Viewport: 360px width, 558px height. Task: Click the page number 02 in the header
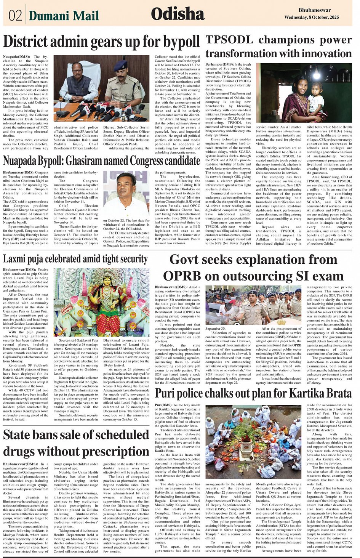15,16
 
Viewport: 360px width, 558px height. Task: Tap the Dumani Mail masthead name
64,16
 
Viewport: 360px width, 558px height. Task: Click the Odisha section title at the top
178,14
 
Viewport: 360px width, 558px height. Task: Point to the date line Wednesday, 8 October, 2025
311,18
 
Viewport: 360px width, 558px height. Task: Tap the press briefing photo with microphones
101,88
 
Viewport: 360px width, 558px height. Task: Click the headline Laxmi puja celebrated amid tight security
75,259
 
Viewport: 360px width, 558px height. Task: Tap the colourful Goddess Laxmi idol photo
101,302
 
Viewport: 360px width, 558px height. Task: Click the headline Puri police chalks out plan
253,393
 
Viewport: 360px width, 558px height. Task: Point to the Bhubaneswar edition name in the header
314,10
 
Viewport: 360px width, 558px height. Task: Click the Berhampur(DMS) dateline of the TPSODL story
219,65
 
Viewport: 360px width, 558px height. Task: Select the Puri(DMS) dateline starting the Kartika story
163,405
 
